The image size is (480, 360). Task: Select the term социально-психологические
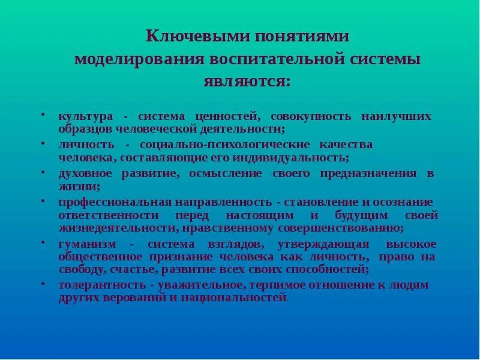(x=225, y=145)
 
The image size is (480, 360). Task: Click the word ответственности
(x=109, y=215)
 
